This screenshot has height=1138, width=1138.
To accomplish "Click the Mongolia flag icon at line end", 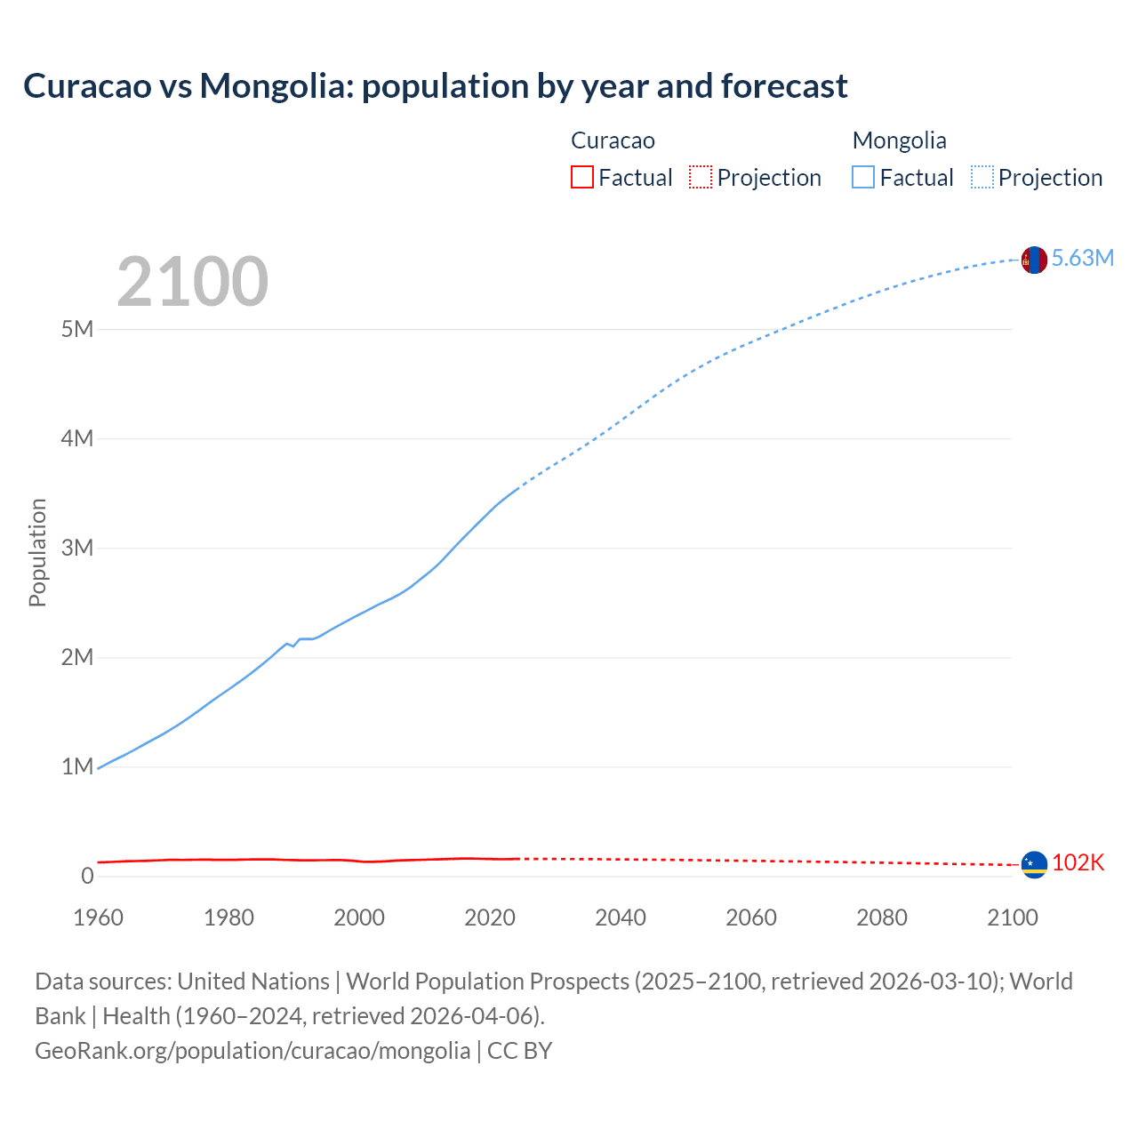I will coord(1034,260).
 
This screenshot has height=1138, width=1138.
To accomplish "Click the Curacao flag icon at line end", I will coord(1034,864).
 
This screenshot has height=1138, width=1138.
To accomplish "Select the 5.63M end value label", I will coord(1082,259).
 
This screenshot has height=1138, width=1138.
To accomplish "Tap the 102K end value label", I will coord(1078,863).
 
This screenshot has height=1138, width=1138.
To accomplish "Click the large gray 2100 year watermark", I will coord(192,282).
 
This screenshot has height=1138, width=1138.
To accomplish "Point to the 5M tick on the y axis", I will coord(77,330).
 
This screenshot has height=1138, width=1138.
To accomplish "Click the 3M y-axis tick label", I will coord(77,549).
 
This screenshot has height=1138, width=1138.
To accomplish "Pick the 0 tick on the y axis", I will coord(87,877).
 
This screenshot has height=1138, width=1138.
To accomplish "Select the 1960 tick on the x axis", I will coord(98,918).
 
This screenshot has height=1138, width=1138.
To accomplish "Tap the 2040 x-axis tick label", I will coord(621,918).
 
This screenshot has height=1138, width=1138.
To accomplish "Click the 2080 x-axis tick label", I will coord(882,918).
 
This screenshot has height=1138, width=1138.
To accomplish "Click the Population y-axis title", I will coord(37,552).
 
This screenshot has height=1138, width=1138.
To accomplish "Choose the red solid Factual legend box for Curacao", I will coord(581,178).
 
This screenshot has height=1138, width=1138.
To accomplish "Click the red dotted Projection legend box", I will coord(701,178).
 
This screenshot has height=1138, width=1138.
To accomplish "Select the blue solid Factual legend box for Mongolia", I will coord(862,178).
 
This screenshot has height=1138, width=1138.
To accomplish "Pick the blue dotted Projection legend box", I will coord(982,178).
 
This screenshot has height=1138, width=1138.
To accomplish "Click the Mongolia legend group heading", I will coord(899,140).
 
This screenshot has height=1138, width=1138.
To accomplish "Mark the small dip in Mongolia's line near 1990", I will coord(293,645).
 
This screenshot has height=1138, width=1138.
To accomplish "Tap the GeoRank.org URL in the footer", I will coord(252,1051).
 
